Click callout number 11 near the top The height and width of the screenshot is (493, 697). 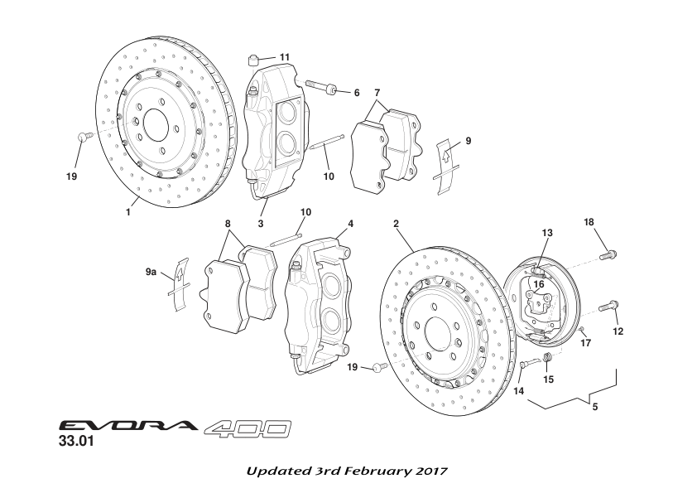click(x=285, y=56)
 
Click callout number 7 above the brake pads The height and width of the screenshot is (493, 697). click(x=377, y=91)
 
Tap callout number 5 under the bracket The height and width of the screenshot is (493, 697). click(x=595, y=407)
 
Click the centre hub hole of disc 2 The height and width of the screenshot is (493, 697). click(x=433, y=336)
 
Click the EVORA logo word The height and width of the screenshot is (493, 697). click(x=127, y=428)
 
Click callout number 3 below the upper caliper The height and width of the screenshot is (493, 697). click(x=260, y=223)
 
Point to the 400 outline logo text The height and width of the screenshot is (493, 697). click(x=248, y=428)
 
